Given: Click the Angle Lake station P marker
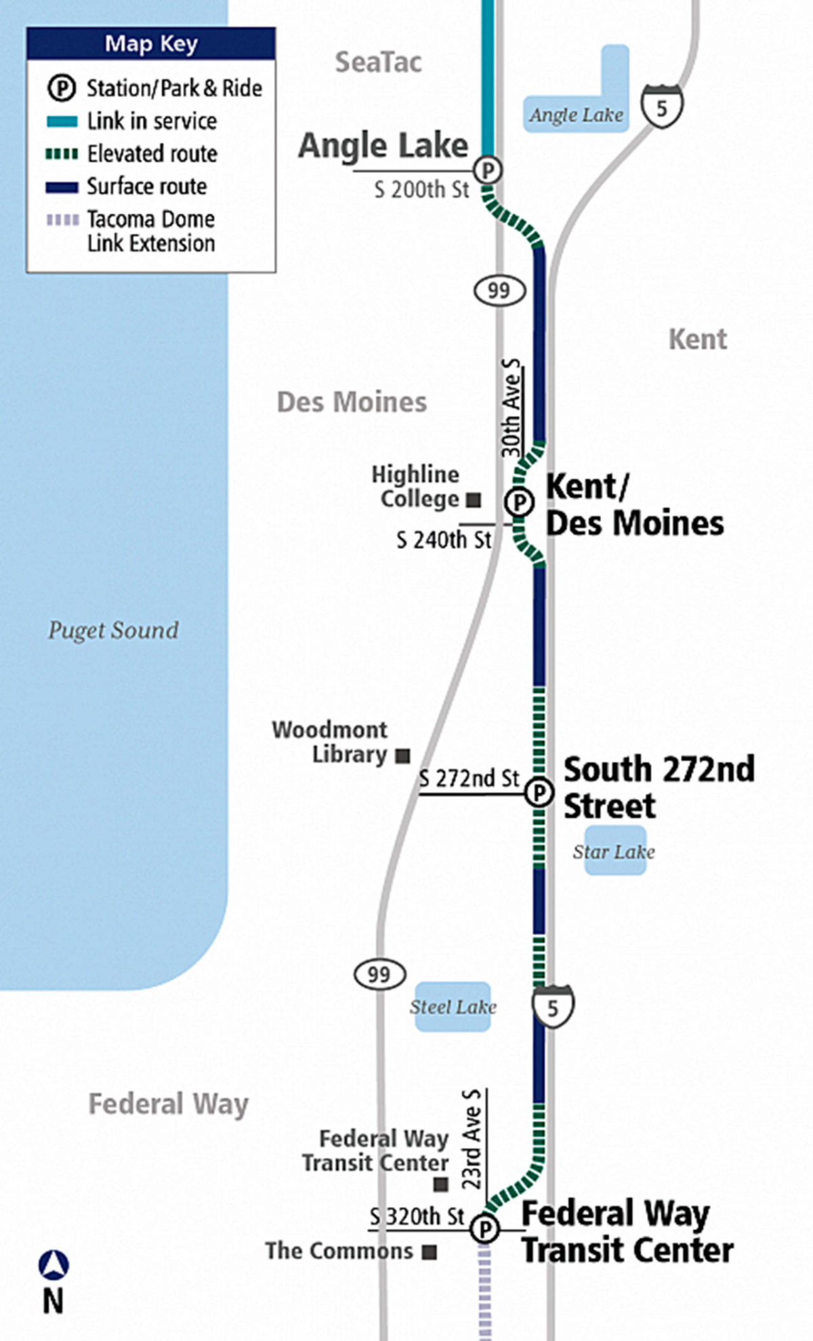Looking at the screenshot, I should pyautogui.click(x=488, y=169).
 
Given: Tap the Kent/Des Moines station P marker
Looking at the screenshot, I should pyautogui.click(x=520, y=503).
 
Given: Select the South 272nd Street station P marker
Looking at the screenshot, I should pyautogui.click(x=539, y=791).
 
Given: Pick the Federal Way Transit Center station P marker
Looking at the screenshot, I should pyautogui.click(x=485, y=1229).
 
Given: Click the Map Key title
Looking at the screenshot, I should pyautogui.click(x=151, y=44).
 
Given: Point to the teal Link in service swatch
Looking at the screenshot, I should pyautogui.click(x=62, y=122).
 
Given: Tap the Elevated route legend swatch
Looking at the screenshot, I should pyautogui.click(x=62, y=154).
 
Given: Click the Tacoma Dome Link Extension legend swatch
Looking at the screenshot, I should pyautogui.click(x=62, y=220).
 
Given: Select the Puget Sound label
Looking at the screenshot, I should pyautogui.click(x=113, y=630).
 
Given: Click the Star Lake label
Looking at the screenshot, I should pyautogui.click(x=614, y=852).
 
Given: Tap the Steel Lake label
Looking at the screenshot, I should pyautogui.click(x=453, y=1007).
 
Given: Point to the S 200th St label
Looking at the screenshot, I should pyautogui.click(x=421, y=190).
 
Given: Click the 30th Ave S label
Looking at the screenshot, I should pyautogui.click(x=512, y=408).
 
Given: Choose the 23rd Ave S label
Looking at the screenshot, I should pyautogui.click(x=472, y=1139).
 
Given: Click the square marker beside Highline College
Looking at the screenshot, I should pyautogui.click(x=474, y=501).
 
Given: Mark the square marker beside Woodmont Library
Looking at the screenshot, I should pyautogui.click(x=403, y=756).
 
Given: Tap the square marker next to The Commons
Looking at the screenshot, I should pyautogui.click(x=429, y=1252).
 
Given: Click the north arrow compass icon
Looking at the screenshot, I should pyautogui.click(x=54, y=1265).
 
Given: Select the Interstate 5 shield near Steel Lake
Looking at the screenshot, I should pyautogui.click(x=553, y=1008).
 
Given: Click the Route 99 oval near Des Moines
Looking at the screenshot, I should pyautogui.click(x=499, y=291).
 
